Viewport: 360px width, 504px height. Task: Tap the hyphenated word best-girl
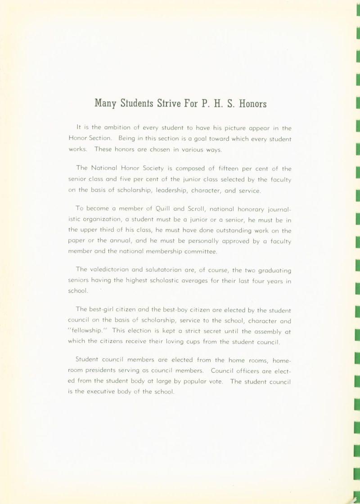pyautogui.click(x=107, y=310)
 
